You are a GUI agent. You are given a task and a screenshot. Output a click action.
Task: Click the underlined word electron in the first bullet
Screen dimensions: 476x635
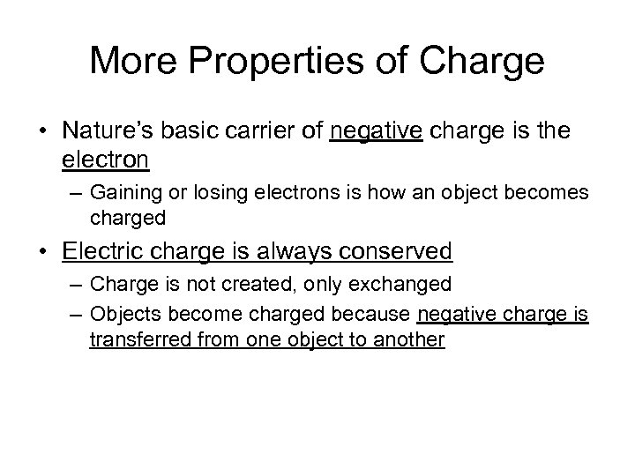click(107, 161)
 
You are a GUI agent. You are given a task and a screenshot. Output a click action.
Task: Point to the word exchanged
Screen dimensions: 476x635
click(392, 285)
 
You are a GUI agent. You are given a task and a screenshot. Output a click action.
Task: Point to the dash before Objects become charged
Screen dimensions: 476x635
click(71, 312)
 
